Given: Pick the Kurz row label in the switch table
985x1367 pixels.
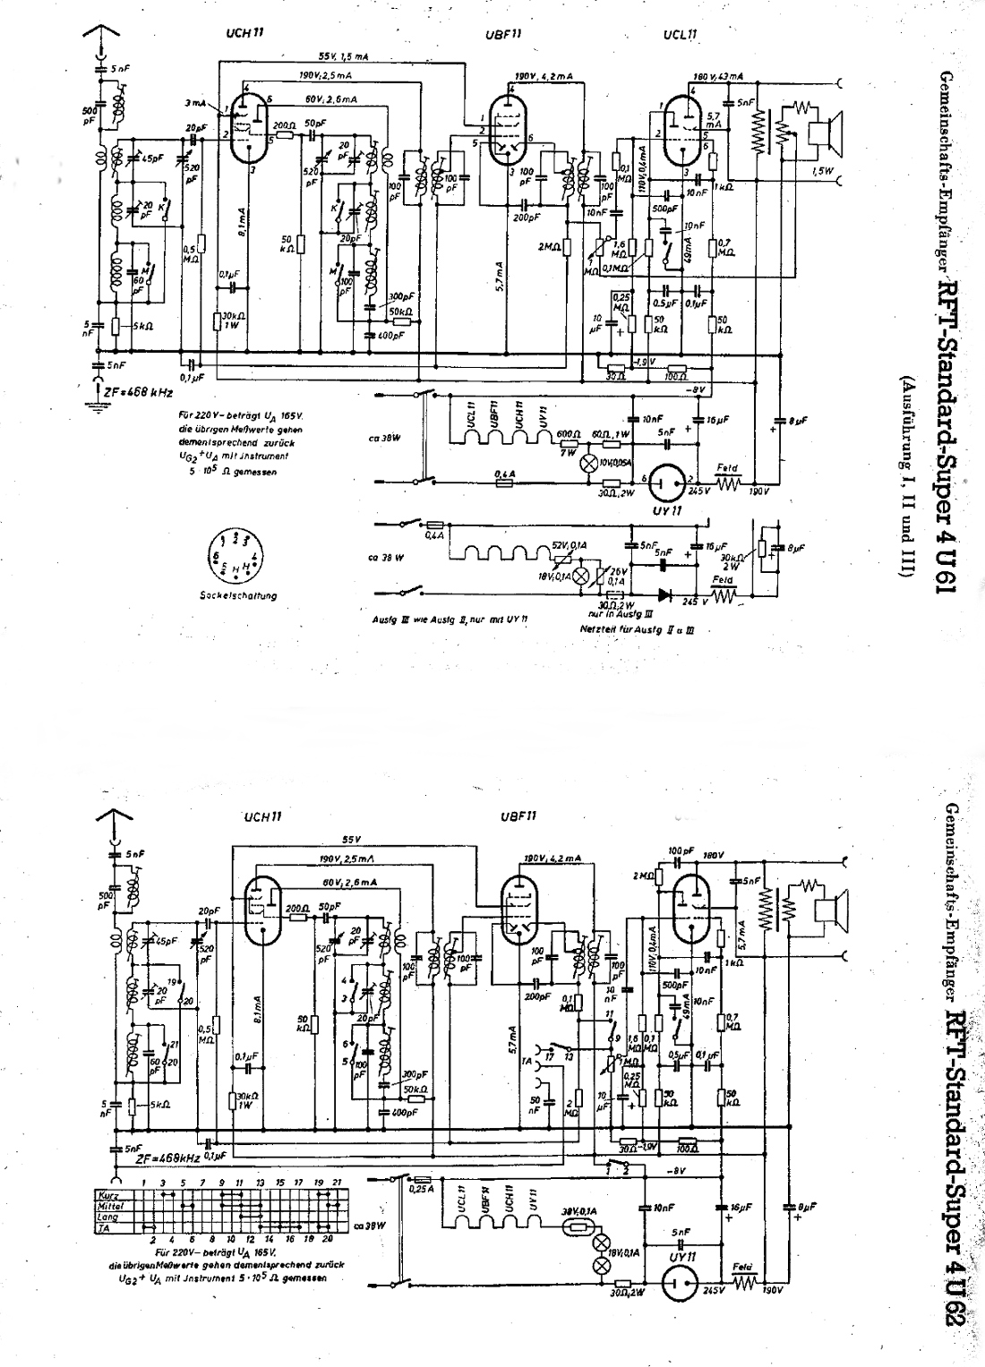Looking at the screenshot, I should (x=107, y=1195).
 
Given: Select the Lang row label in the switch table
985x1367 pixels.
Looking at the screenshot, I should (x=107, y=1218).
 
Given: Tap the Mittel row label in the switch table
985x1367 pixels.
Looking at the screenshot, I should (x=108, y=1207).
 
